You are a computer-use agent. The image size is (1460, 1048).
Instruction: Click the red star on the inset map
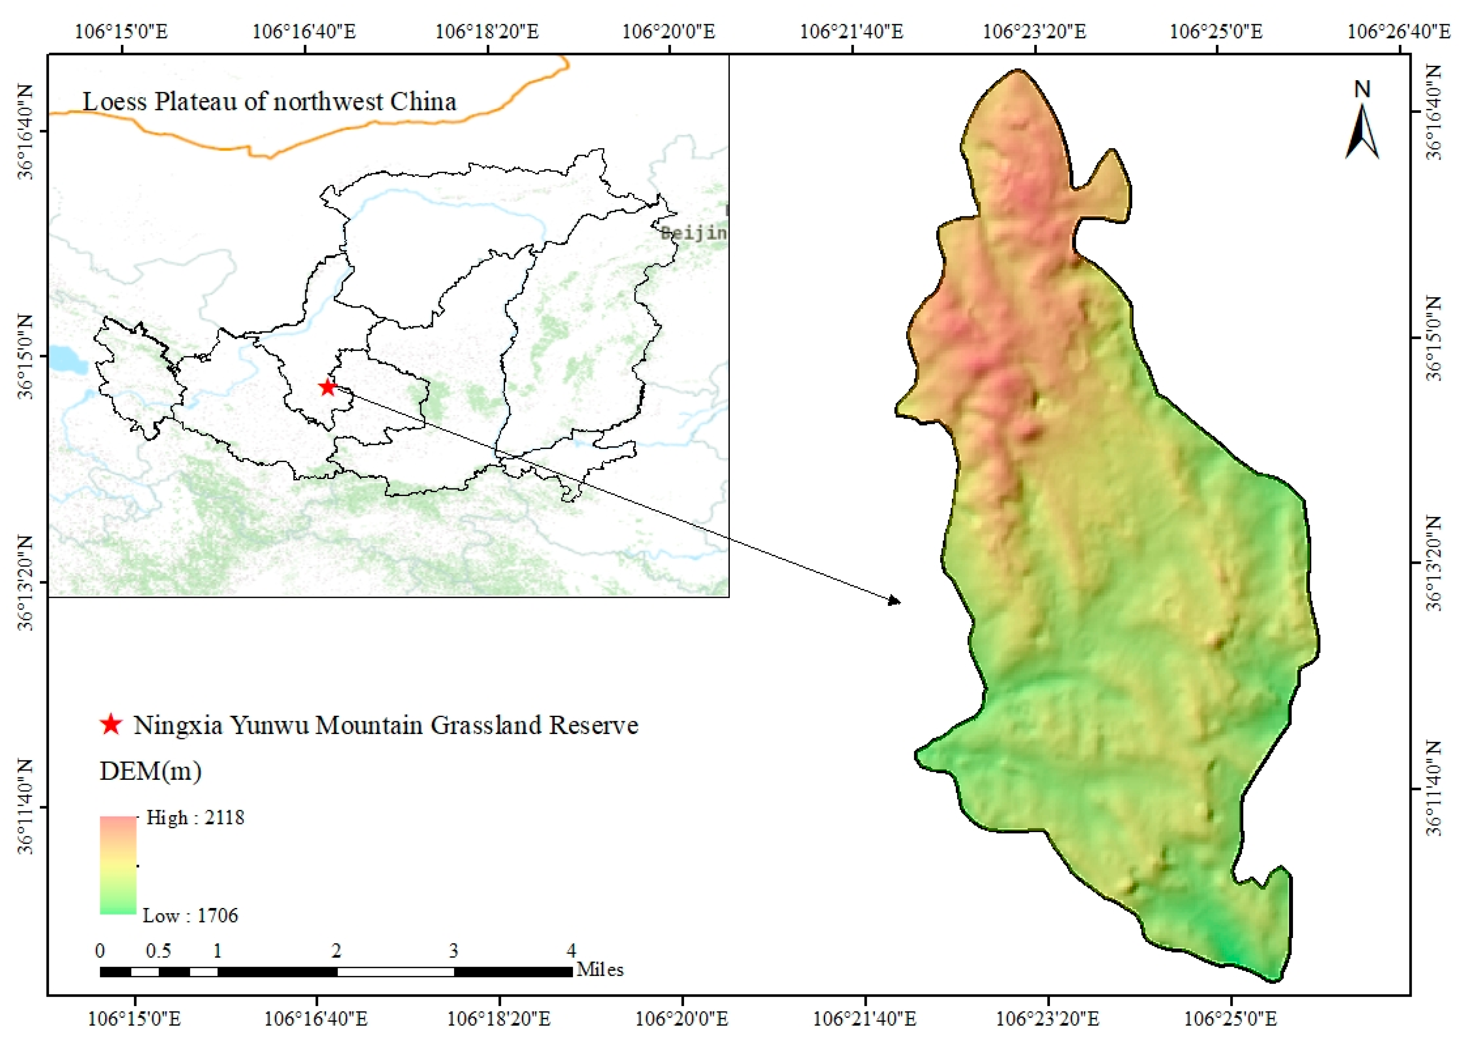click(x=328, y=387)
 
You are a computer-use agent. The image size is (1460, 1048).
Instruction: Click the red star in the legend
click(x=111, y=725)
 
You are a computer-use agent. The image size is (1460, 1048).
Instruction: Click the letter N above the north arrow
click(x=1362, y=90)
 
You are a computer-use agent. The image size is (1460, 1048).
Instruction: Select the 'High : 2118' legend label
click(x=195, y=818)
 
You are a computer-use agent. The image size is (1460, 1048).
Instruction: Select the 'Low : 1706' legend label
click(x=190, y=915)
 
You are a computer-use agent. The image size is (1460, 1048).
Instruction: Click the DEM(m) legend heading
click(x=150, y=771)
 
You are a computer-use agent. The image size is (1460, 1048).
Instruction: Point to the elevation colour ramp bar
click(x=118, y=865)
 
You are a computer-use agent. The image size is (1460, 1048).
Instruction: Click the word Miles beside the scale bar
click(x=600, y=970)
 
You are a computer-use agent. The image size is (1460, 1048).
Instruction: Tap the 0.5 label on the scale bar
click(x=158, y=951)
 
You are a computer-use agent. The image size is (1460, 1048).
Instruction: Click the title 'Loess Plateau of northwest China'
click(x=269, y=102)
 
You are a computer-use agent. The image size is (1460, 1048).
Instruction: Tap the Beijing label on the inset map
click(x=694, y=233)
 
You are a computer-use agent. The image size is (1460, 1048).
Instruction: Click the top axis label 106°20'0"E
click(x=668, y=31)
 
